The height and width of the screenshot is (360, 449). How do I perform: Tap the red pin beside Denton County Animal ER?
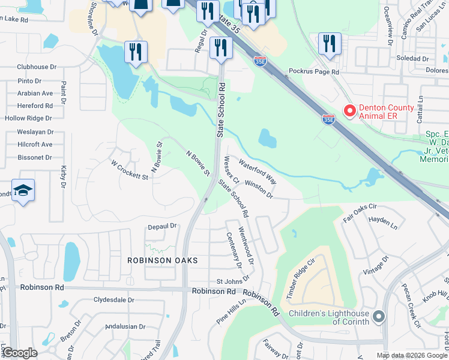click(x=348, y=110)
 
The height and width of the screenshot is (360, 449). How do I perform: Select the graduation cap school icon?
click(x=23, y=191)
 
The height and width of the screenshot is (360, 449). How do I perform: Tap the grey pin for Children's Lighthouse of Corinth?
click(x=378, y=316)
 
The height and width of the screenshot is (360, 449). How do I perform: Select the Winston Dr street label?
click(x=259, y=191)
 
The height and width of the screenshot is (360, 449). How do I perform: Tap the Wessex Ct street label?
click(x=231, y=171)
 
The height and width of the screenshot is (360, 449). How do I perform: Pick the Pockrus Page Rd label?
click(x=314, y=71)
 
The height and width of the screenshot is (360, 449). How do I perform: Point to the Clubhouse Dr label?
click(x=37, y=67)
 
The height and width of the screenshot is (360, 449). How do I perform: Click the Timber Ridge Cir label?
click(x=301, y=280)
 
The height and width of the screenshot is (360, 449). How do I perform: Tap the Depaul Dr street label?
click(x=163, y=226)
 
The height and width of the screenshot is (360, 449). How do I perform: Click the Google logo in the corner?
click(x=20, y=353)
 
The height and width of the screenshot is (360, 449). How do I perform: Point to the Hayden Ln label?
click(x=383, y=223)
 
